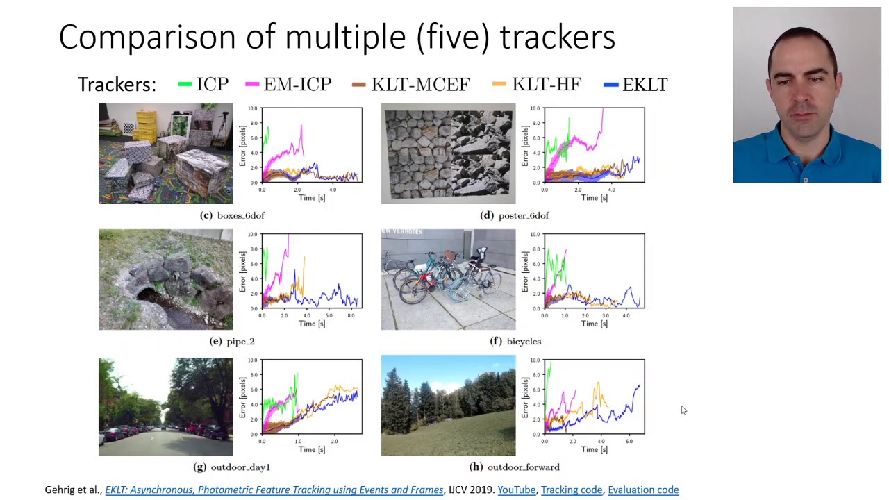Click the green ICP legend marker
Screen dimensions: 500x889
[x=185, y=85]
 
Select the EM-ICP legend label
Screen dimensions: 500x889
[x=297, y=85]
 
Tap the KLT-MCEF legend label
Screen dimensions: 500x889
[x=420, y=85]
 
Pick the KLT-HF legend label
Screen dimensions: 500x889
[x=546, y=85]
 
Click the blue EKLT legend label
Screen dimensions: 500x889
[x=645, y=85]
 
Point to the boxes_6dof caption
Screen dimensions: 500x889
[x=240, y=215]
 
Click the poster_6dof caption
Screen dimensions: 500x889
[x=523, y=215]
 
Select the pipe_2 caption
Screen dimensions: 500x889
[x=240, y=341]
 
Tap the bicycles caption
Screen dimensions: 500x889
[x=523, y=341]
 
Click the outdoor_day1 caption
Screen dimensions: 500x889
[x=240, y=467]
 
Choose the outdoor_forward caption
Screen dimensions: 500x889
[x=523, y=467]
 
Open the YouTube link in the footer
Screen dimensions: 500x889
[x=516, y=490]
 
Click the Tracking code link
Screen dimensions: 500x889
[x=572, y=490]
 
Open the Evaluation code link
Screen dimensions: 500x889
[x=643, y=490]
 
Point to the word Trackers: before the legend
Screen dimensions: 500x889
[x=117, y=85]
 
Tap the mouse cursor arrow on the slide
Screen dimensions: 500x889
[x=683, y=410]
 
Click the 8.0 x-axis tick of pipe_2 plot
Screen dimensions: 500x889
[x=351, y=316]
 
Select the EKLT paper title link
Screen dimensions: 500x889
[x=274, y=490]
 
